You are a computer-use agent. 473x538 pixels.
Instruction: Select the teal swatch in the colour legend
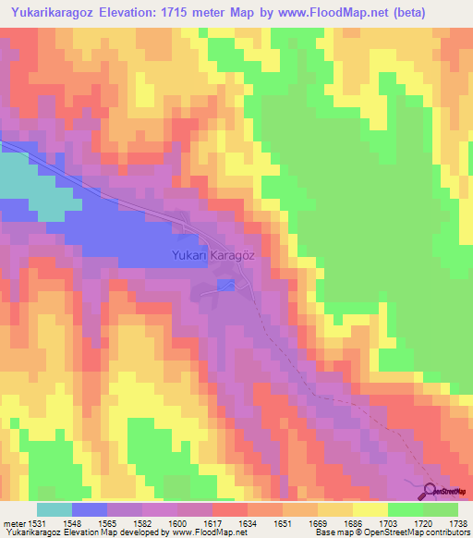coord(55,509)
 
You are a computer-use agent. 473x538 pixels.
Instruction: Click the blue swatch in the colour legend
coord(90,509)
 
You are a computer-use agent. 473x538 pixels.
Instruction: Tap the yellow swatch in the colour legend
coord(370,509)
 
